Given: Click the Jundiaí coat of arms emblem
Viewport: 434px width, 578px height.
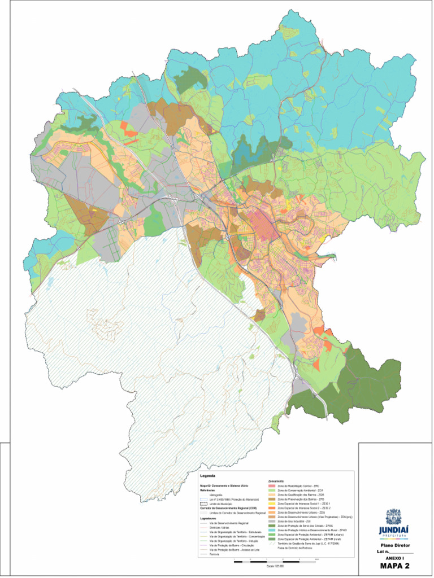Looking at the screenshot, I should (394, 516).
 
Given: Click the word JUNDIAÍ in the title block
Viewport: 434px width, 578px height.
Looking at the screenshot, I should (394, 531).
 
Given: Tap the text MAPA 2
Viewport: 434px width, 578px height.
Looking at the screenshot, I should (395, 566).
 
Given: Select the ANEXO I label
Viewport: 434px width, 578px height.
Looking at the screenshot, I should (395, 558).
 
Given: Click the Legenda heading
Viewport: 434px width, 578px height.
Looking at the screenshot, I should (208, 476).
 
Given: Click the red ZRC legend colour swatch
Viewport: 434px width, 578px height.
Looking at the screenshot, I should (272, 485).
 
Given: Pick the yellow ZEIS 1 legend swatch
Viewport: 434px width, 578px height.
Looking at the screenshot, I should (272, 503).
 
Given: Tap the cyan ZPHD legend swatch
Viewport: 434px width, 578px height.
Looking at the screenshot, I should (272, 531).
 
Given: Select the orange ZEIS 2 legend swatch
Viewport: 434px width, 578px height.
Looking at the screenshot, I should (272, 507).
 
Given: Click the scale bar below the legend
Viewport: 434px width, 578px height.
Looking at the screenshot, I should (276, 562).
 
